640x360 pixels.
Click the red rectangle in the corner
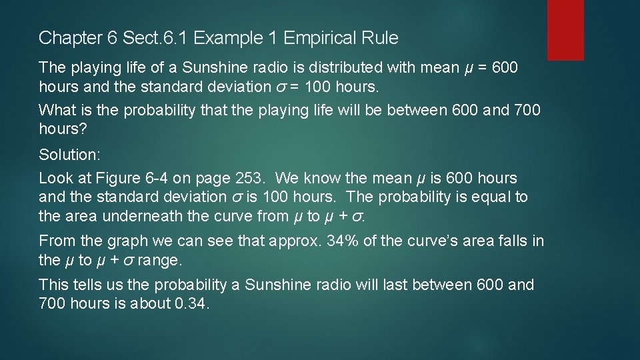565,30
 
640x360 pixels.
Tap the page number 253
250,179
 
